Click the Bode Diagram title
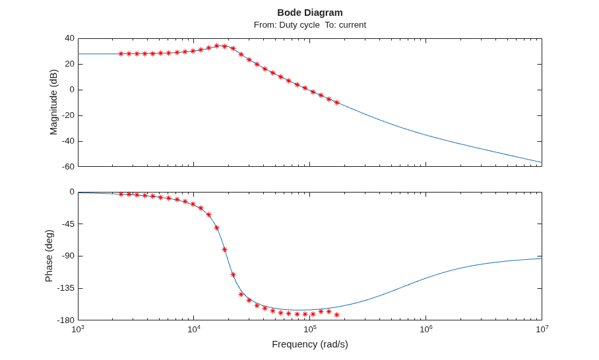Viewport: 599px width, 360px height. click(310, 13)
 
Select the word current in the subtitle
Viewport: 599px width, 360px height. click(352, 25)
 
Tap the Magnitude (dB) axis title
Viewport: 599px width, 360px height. click(53, 102)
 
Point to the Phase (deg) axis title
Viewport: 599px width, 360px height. click(49, 256)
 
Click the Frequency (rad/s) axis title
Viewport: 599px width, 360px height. click(310, 344)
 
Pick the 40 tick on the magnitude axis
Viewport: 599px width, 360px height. click(69, 38)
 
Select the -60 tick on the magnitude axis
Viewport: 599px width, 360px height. click(68, 166)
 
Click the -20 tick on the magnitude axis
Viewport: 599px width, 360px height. click(68, 115)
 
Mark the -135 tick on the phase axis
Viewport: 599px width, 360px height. click(66, 288)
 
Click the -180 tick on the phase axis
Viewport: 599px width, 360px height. click(66, 320)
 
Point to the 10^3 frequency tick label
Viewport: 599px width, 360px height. click(79, 328)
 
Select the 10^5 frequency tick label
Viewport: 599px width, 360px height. click(310, 328)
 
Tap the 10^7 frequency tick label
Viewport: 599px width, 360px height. click(542, 328)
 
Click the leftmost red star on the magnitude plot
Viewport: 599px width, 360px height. click(121, 54)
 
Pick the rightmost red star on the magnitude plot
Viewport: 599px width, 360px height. click(336, 103)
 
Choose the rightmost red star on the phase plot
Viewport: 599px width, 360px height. click(336, 315)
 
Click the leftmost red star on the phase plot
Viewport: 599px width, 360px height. click(121, 195)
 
